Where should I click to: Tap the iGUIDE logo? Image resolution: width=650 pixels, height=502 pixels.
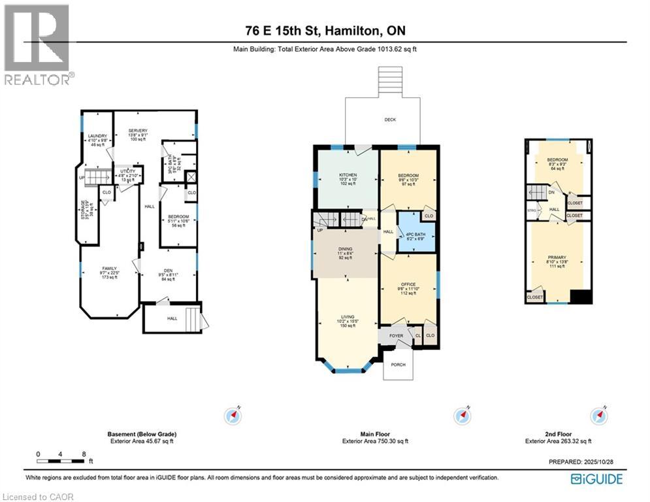[x=596, y=479]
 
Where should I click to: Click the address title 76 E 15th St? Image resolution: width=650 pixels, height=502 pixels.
[x=325, y=31]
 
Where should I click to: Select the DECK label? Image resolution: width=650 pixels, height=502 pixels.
[x=390, y=120]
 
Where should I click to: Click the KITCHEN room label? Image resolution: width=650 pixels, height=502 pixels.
[x=347, y=175]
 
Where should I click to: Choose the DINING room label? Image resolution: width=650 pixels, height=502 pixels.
[x=346, y=248]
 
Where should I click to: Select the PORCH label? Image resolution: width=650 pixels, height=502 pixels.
[x=398, y=365]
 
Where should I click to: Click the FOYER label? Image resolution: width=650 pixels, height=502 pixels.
[x=397, y=335]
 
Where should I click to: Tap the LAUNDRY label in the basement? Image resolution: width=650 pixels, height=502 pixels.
[x=97, y=136]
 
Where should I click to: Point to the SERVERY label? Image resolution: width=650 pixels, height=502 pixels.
[x=138, y=130]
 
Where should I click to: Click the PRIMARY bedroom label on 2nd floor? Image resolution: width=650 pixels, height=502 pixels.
[x=557, y=258]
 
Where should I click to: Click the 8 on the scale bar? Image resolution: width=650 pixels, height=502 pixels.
[x=83, y=453]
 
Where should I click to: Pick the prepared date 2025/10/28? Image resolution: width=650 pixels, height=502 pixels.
[x=602, y=461]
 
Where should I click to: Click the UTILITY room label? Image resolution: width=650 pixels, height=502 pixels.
[x=127, y=171]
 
